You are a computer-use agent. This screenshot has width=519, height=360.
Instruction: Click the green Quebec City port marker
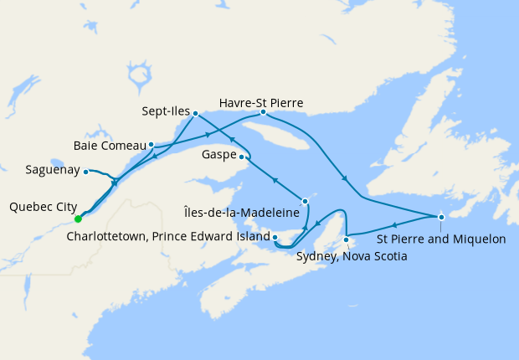pos(77,219)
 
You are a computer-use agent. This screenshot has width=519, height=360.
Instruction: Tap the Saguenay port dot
pos(86,172)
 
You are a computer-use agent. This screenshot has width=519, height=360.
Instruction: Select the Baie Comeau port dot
pos(152,144)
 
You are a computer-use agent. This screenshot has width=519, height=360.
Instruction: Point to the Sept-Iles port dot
pos(195,113)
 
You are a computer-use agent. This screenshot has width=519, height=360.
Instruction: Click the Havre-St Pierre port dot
pos(263,112)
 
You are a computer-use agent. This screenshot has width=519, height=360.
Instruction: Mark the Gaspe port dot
pos(242,157)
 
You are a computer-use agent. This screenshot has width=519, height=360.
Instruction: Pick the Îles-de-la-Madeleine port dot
pos(306,201)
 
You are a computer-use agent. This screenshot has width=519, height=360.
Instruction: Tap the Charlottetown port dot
pos(275,238)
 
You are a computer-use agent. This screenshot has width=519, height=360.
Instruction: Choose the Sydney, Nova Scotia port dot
pos(347,242)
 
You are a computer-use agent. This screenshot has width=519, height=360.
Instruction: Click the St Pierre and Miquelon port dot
pos(441,218)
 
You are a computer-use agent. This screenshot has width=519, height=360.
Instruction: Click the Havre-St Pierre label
pos(261,102)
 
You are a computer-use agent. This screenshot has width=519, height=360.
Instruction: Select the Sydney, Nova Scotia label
pos(352,256)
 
